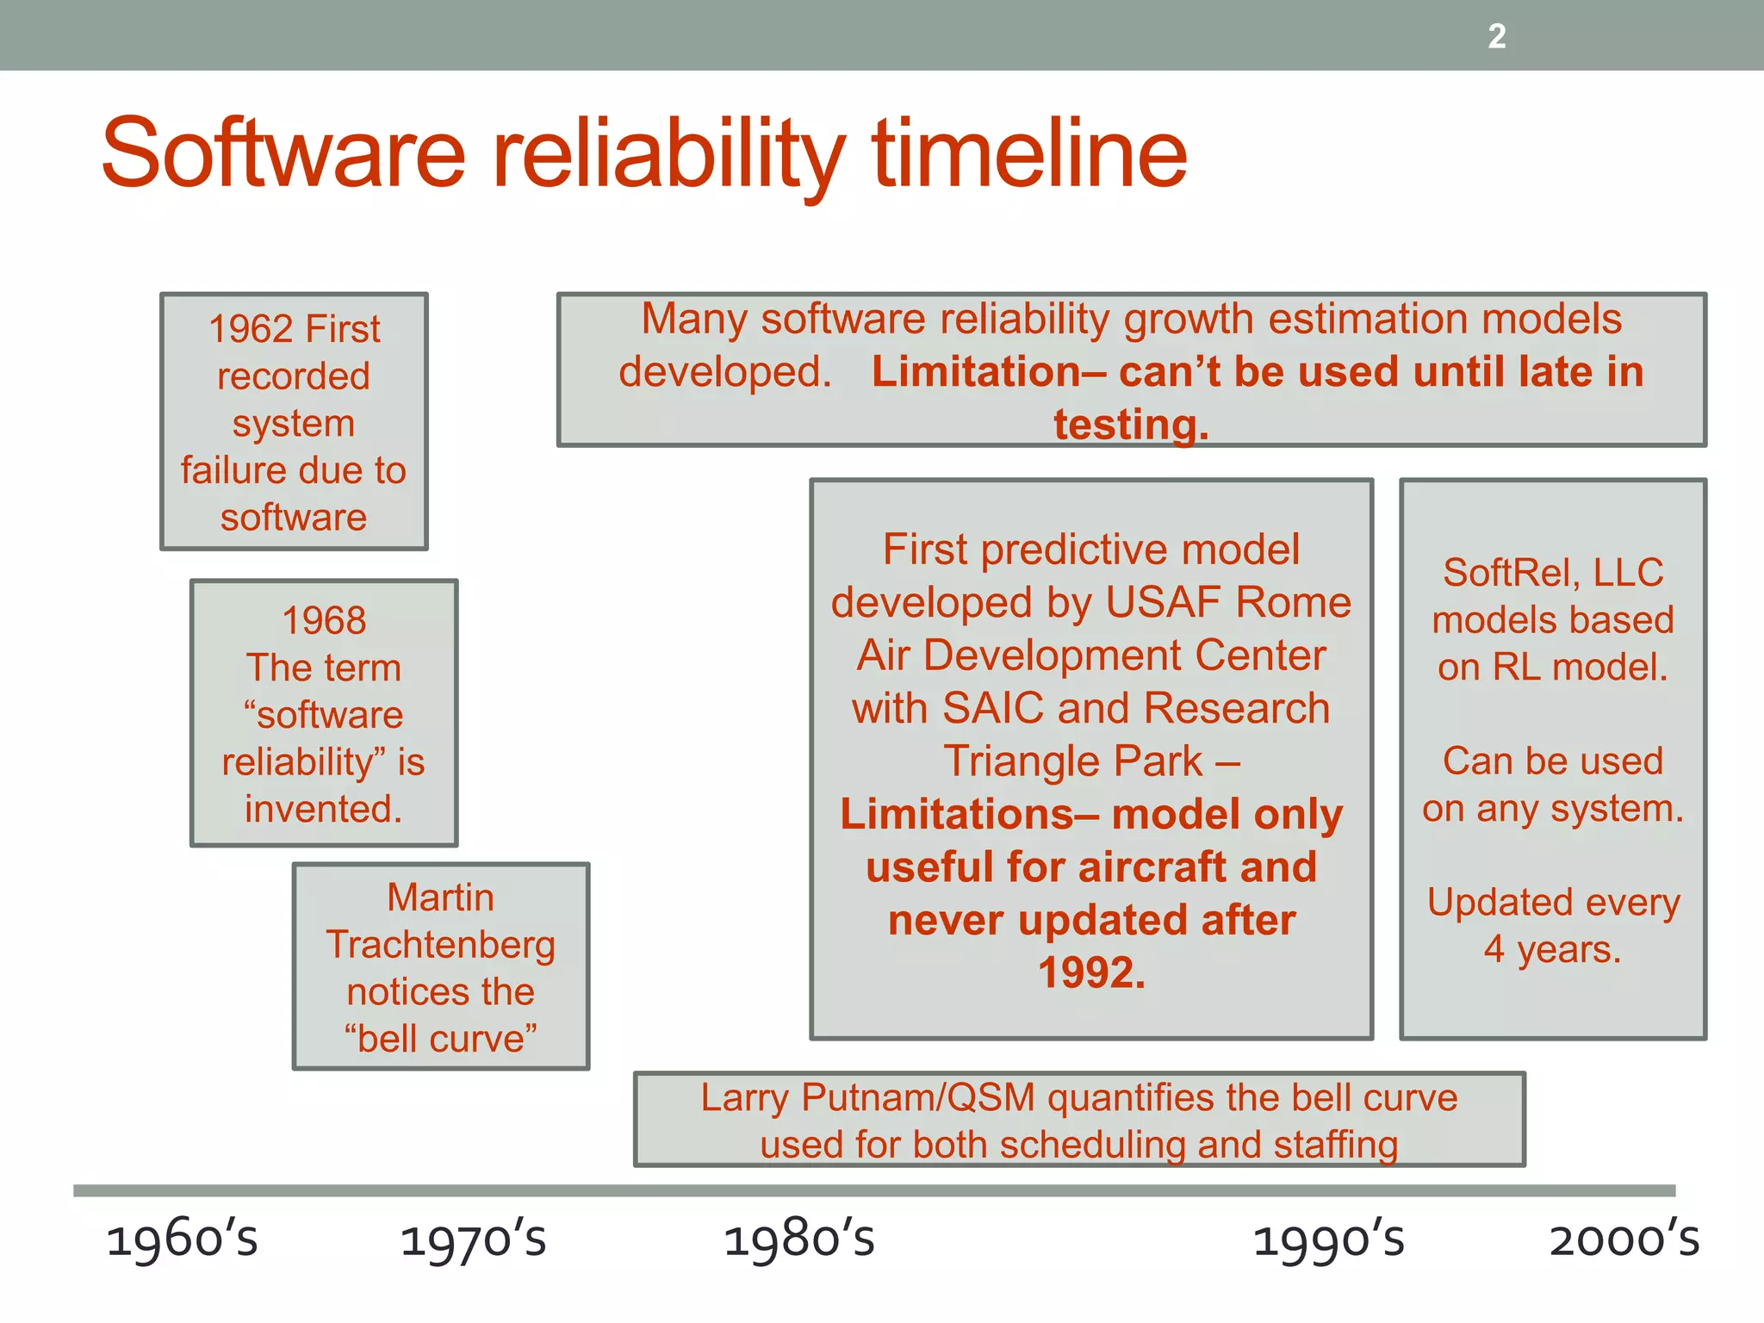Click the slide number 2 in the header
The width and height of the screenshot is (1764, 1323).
click(1497, 36)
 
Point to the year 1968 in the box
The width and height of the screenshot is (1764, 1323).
click(324, 621)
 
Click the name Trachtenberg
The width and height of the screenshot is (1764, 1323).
click(441, 945)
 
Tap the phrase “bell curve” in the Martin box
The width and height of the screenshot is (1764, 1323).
click(441, 1039)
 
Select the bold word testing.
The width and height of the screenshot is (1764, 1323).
click(1131, 425)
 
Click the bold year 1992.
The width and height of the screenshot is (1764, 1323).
click(1091, 973)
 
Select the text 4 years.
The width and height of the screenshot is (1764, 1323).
click(1552, 950)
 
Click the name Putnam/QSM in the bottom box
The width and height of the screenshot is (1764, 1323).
click(918, 1098)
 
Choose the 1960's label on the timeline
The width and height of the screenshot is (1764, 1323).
click(182, 1240)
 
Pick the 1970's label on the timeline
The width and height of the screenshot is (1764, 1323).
click(474, 1240)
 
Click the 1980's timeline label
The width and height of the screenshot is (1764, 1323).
click(798, 1240)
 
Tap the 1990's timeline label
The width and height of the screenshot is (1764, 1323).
click(1328, 1240)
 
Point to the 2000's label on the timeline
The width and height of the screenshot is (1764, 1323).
click(1624, 1240)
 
